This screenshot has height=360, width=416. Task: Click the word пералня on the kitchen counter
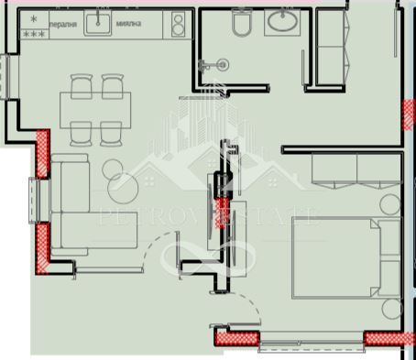pos(62,25)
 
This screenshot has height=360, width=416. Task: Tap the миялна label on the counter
pos(128,25)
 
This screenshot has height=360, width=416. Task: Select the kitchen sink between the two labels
pos(97,23)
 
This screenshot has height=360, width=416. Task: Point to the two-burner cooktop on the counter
pos(180,24)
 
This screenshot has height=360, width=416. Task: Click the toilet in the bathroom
pos(242,23)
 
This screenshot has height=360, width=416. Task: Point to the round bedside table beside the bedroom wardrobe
pos(390,203)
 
